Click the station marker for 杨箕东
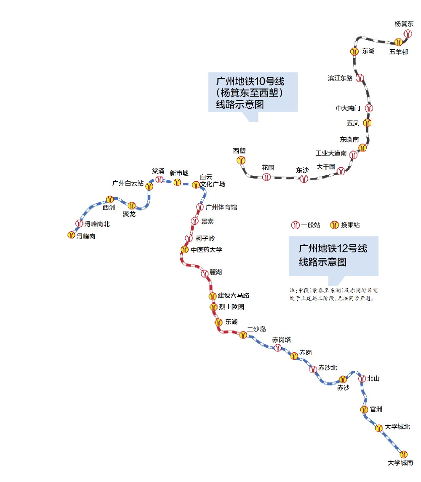point(407,33)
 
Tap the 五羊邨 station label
point(398,52)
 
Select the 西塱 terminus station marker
point(241,160)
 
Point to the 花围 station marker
point(266,177)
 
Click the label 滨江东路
point(340,78)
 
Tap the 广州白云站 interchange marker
point(148,185)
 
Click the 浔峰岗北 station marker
point(79,224)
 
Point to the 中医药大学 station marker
point(184,250)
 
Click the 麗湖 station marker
point(205,273)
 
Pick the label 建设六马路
point(234,296)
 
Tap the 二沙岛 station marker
point(243,335)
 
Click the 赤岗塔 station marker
point(277,348)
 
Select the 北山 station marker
point(362,379)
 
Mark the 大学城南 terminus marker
point(404,454)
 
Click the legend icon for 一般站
point(296,225)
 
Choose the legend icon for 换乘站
point(334,225)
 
